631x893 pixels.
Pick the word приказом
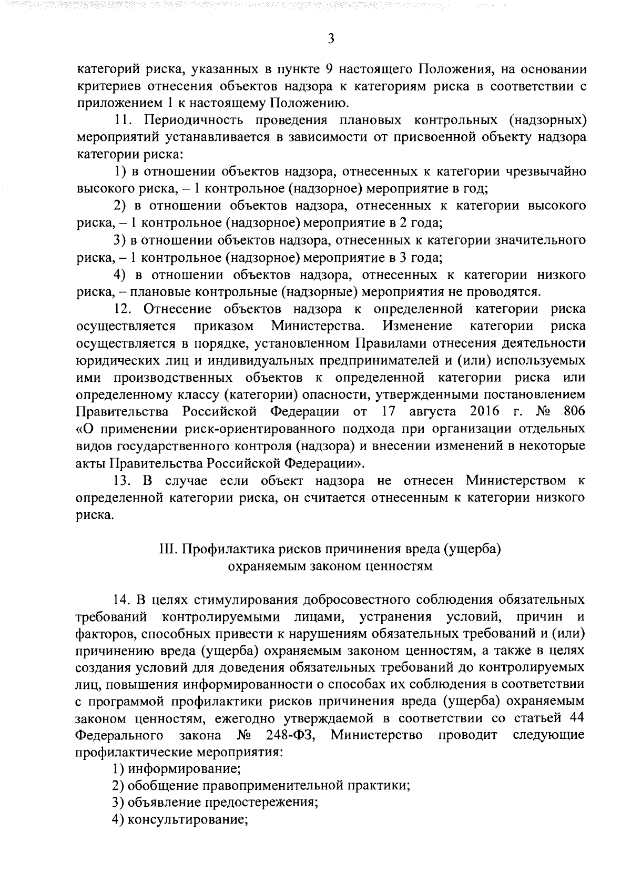[x=224, y=326]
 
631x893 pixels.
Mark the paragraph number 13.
[x=126, y=481]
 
